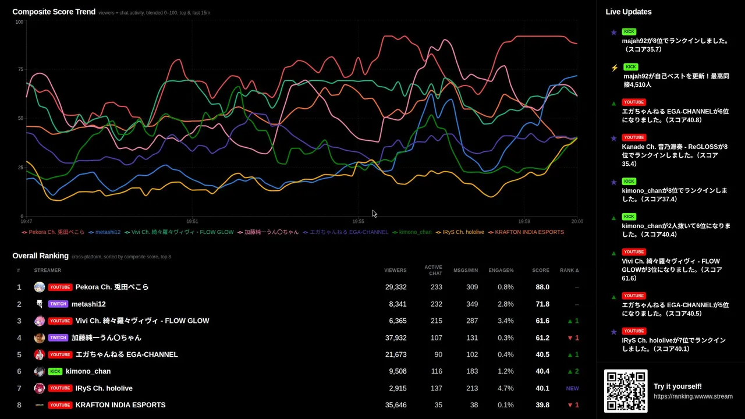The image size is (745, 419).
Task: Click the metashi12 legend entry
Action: (105, 232)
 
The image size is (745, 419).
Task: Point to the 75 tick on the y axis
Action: (20, 69)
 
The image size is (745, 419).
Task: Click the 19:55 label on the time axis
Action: (358, 222)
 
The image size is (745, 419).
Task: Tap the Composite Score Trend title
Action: (54, 12)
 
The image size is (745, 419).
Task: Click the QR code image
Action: (626, 390)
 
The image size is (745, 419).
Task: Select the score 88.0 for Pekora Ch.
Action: (542, 287)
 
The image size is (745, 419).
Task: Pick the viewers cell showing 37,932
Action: (396, 338)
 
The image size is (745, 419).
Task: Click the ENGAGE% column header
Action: (501, 271)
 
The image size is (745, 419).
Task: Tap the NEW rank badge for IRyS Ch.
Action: (572, 388)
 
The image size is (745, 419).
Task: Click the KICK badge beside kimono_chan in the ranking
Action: (55, 371)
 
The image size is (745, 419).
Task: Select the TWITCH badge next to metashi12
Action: (58, 304)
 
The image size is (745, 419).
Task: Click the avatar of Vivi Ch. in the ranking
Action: (40, 321)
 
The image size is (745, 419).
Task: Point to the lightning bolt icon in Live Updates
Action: (615, 68)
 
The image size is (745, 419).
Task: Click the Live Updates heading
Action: (628, 12)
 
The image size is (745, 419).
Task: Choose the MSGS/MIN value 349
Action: (472, 304)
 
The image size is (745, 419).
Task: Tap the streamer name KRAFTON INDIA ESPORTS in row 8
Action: (120, 405)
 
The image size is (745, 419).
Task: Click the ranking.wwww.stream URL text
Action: (693, 396)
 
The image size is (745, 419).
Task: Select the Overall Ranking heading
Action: (41, 255)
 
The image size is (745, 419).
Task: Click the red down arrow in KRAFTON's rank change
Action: (570, 406)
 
